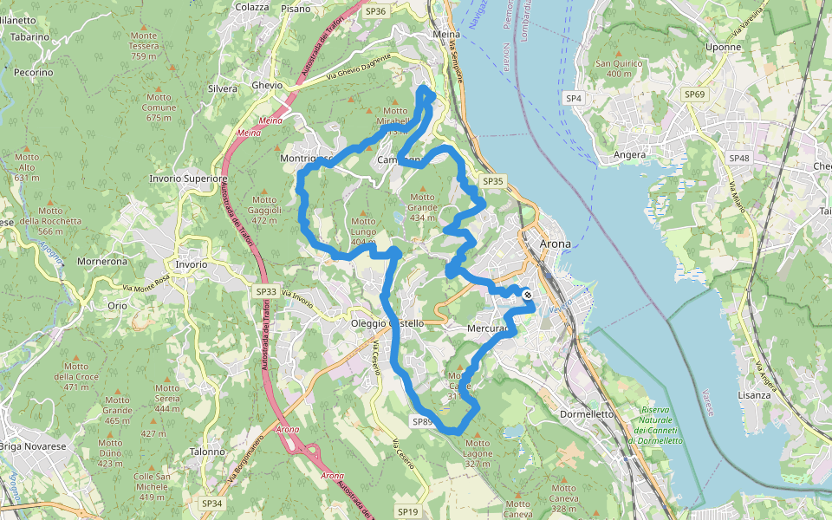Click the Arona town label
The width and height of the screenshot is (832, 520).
pyautogui.click(x=555, y=244)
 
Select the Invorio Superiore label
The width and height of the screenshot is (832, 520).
pyautogui.click(x=188, y=179)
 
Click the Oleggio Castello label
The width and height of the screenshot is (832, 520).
pyautogui.click(x=387, y=323)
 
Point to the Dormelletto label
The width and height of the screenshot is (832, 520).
pyautogui.click(x=588, y=414)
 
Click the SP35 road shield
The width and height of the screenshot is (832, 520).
pyautogui.click(x=492, y=181)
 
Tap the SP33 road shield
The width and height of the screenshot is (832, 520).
pyautogui.click(x=266, y=292)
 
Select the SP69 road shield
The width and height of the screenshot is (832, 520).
pyautogui.click(x=694, y=94)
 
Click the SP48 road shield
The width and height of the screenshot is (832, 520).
pyautogui.click(x=738, y=158)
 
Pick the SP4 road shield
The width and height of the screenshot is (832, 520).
pyautogui.click(x=574, y=99)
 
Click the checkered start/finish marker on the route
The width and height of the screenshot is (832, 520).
pyautogui.click(x=527, y=296)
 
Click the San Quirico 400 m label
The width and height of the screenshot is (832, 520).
pyautogui.click(x=613, y=68)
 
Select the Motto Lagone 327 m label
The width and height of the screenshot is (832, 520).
pyautogui.click(x=478, y=453)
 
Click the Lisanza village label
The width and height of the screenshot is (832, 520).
pyautogui.click(x=755, y=394)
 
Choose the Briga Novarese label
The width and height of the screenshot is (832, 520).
pyautogui.click(x=33, y=446)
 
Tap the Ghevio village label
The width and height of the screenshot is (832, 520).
pyautogui.click(x=267, y=86)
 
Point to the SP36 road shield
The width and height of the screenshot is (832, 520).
pyautogui.click(x=375, y=11)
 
